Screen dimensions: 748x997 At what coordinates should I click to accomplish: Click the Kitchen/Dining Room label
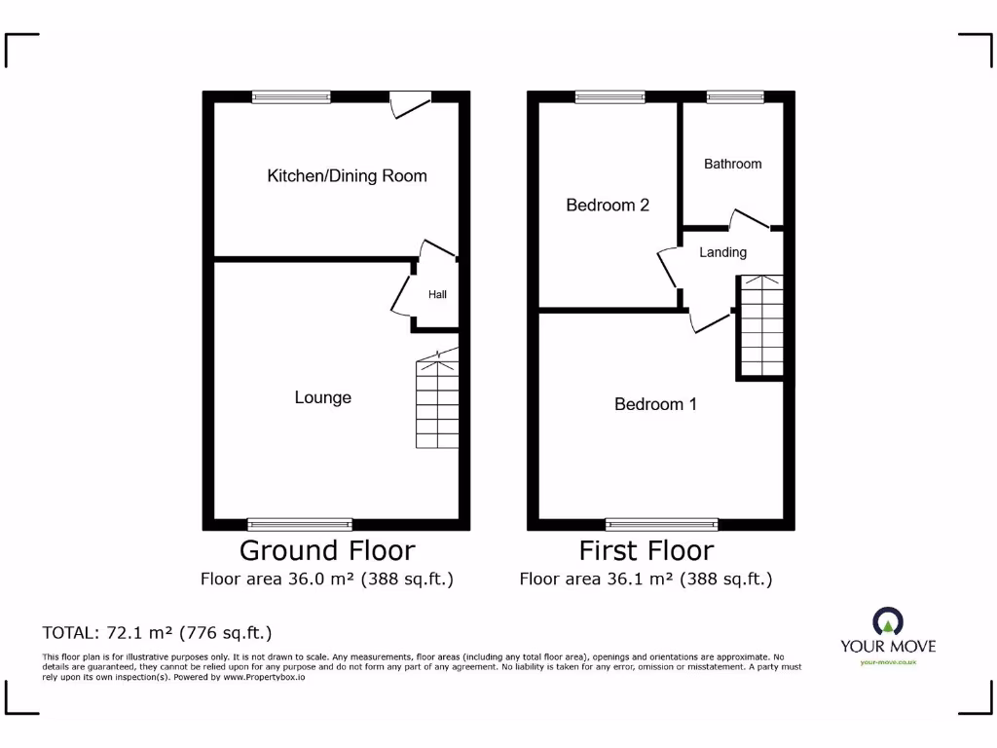[x=347, y=176]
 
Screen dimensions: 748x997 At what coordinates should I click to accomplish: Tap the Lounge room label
[x=322, y=397]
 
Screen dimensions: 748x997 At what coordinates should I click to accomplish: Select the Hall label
[x=437, y=294]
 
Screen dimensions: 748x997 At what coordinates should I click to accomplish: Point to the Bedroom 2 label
[x=608, y=206]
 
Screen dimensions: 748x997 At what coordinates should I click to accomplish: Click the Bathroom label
[x=732, y=164]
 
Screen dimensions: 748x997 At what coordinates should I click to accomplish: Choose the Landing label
[x=722, y=252]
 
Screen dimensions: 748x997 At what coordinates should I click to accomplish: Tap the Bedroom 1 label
[x=655, y=404]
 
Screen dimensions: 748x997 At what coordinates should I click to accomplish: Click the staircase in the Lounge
[x=438, y=403]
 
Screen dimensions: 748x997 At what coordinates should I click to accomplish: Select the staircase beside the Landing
[x=760, y=326]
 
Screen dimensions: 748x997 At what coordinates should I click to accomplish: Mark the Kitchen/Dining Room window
[x=291, y=96]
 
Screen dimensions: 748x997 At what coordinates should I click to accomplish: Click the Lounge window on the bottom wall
[x=300, y=524]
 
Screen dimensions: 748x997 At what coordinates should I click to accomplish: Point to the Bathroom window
[x=735, y=96]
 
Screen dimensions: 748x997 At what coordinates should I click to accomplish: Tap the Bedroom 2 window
[x=609, y=96]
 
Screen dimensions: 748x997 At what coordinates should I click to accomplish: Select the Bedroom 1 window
[x=662, y=524]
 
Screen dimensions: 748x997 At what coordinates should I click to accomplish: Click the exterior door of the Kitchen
[x=409, y=103]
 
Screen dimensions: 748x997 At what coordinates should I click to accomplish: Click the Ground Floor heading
[x=327, y=550]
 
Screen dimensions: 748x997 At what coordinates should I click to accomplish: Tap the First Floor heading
[x=646, y=550]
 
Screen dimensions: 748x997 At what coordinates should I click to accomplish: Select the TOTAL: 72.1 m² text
[x=157, y=632]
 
